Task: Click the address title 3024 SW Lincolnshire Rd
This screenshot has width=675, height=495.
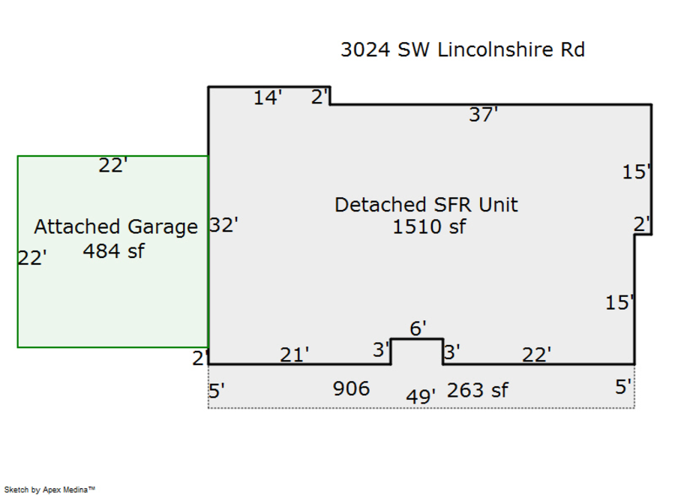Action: [x=463, y=49]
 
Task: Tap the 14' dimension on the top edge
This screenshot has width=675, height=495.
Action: [x=268, y=97]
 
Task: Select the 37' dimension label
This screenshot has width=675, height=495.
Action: [x=483, y=115]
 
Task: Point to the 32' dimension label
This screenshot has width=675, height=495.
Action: [x=223, y=225]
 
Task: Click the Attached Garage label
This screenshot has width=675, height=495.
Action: [x=115, y=226]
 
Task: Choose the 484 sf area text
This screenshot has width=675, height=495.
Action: [x=114, y=251]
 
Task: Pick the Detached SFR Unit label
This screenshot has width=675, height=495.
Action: [x=426, y=205]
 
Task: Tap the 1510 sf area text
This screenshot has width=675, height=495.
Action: [x=429, y=226]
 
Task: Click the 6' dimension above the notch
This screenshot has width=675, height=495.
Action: [x=418, y=328]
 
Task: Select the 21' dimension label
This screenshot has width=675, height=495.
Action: [x=295, y=355]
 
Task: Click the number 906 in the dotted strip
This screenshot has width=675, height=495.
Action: [x=351, y=388]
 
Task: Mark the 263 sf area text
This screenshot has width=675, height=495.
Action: [x=478, y=391]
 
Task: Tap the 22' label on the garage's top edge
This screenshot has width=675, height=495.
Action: [x=113, y=165]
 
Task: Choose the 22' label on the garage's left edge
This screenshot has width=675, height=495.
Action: [x=32, y=258]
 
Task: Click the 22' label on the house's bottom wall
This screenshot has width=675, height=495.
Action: [x=536, y=355]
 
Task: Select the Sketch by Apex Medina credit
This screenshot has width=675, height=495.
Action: [x=49, y=490]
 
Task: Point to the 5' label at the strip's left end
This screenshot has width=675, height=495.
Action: [x=217, y=391]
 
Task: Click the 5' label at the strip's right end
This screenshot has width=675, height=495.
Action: [x=623, y=387]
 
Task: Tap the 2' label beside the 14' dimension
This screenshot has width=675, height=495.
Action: [x=319, y=97]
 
